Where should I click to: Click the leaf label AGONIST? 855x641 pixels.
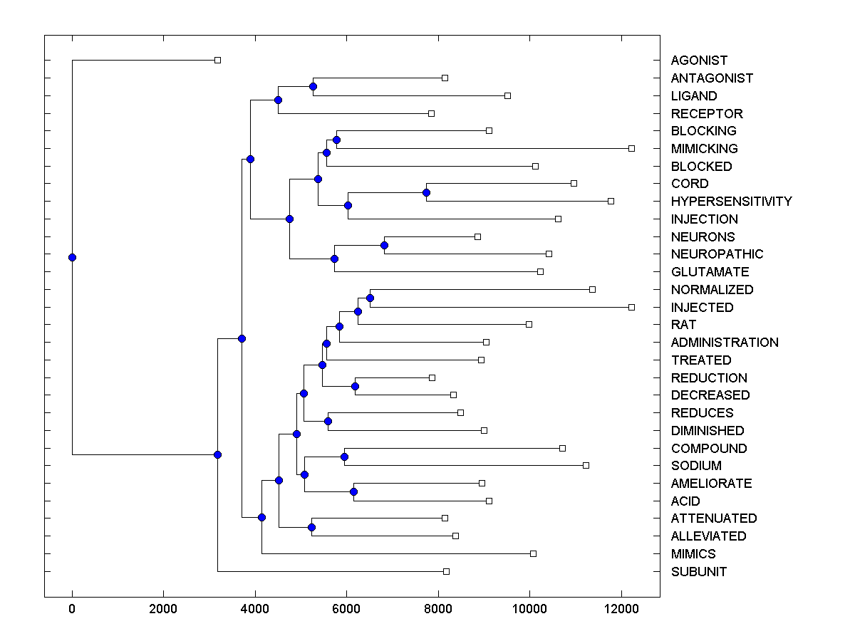(x=699, y=61)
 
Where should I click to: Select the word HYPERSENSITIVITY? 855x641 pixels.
(x=731, y=202)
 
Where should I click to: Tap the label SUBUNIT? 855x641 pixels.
(x=698, y=572)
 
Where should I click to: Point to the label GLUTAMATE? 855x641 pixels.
(x=710, y=272)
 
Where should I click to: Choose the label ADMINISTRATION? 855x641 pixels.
(x=725, y=343)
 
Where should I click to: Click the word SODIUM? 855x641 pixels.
(x=696, y=466)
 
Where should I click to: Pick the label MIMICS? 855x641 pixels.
(x=693, y=554)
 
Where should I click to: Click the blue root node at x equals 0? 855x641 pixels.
(x=72, y=257)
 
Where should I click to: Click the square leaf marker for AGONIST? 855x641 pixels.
(x=218, y=61)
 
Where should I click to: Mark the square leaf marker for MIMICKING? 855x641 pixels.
(x=631, y=148)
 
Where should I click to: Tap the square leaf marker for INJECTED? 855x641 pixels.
(x=631, y=307)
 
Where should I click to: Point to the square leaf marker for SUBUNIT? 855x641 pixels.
(x=447, y=571)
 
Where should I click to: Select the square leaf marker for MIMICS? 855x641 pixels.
(x=533, y=553)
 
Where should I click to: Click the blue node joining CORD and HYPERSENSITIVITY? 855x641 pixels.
(x=426, y=192)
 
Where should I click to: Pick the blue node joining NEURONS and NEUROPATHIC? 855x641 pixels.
(x=384, y=245)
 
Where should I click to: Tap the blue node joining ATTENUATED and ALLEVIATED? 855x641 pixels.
(x=311, y=527)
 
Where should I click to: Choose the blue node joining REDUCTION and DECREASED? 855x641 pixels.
(x=355, y=386)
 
